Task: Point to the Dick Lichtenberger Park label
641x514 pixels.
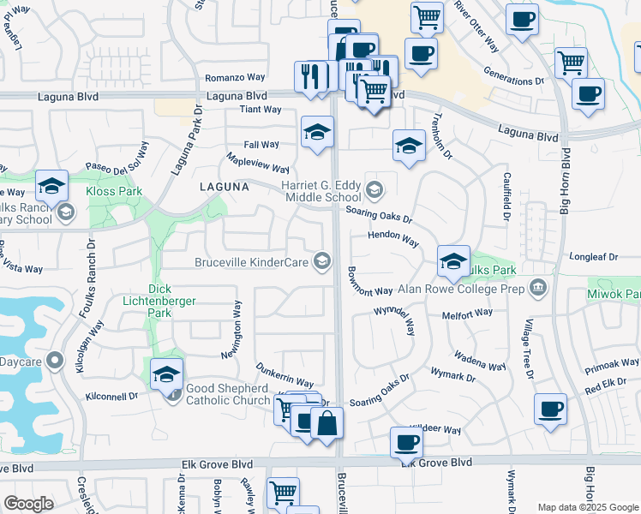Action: [172, 301]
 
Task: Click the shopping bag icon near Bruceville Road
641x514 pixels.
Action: [326, 424]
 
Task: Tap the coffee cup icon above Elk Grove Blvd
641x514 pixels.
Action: [407, 443]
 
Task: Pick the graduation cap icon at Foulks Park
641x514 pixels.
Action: [453, 261]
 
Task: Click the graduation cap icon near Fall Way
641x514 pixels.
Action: [317, 133]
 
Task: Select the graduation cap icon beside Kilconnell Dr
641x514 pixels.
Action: [166, 374]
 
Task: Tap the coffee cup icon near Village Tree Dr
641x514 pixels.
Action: [550, 409]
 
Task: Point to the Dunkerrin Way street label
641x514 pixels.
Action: [285, 374]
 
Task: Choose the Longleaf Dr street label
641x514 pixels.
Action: [593, 256]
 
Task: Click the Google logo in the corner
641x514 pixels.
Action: [28, 504]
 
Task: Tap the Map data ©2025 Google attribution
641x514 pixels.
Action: [588, 507]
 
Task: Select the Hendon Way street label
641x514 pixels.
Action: [393, 239]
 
